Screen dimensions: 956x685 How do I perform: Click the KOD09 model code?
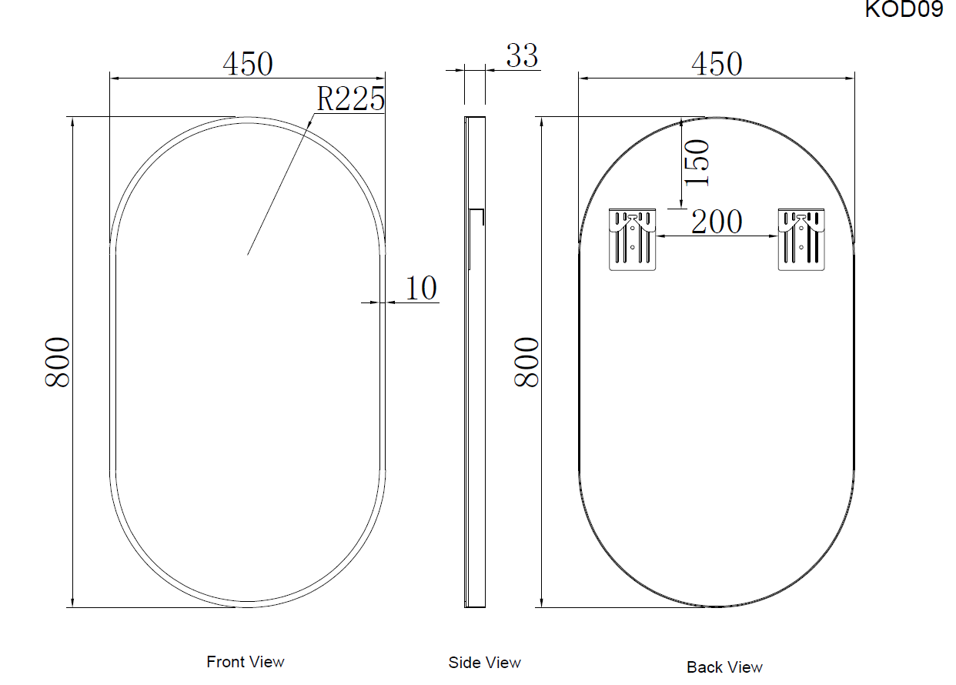click(904, 8)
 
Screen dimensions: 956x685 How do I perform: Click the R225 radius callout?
click(350, 99)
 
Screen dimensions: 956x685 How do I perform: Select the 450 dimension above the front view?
click(248, 64)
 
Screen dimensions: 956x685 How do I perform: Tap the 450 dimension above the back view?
click(717, 64)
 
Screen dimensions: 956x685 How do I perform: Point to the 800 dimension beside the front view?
click(57, 363)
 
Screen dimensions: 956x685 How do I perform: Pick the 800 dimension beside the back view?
click(526, 363)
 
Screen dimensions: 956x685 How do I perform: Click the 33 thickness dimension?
click(522, 56)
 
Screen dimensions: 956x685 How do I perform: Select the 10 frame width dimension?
click(421, 288)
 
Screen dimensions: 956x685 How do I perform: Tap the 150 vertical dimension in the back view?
click(697, 162)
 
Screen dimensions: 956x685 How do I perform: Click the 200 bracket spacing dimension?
click(717, 222)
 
